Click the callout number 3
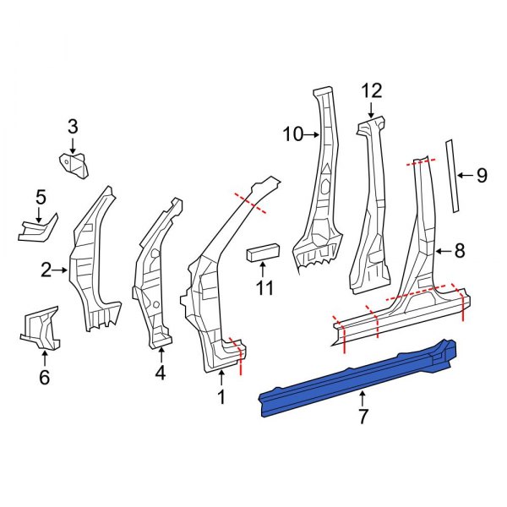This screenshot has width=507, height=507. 73,127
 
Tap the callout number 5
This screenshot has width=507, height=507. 40,198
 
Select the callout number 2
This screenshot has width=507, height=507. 46,270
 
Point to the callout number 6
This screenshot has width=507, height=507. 45,377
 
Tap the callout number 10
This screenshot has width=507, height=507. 292,134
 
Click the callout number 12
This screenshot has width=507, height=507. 372,91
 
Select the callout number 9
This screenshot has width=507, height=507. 481,176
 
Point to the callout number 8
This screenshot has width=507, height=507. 459,250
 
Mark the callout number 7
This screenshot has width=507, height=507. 363,416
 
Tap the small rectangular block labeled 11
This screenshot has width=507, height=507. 263,251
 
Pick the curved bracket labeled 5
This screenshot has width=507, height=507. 37,229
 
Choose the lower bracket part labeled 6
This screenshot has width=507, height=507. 41,329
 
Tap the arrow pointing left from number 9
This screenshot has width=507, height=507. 464,176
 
